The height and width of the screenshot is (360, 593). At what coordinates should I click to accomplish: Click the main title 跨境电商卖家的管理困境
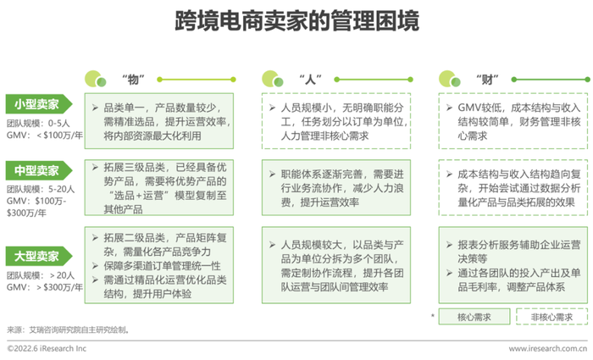296,21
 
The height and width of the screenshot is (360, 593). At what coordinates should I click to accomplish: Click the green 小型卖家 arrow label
39,104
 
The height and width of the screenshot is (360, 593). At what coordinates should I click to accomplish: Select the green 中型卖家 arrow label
39,170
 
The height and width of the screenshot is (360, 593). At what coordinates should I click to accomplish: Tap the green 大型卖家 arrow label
39,257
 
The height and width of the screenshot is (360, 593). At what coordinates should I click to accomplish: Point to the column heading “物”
133,80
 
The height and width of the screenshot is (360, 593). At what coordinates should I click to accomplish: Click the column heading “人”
310,80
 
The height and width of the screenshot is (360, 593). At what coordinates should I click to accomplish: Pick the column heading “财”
487,80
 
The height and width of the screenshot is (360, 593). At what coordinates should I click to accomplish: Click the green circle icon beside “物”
95,79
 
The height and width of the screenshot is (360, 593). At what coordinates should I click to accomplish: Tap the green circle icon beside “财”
449,79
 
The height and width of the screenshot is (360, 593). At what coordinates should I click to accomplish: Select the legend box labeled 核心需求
474,317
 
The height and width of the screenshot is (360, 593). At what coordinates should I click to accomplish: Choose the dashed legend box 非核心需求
551,317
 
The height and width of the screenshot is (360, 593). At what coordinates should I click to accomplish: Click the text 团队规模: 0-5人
38,124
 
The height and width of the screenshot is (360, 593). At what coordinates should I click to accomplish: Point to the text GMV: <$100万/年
45,135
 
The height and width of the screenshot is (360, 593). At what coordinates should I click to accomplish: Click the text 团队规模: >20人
41,275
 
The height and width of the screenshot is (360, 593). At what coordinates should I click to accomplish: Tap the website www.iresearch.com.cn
548,348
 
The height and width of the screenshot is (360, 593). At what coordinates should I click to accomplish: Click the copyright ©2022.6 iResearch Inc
47,348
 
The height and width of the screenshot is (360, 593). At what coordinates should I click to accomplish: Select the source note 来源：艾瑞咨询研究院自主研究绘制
68,330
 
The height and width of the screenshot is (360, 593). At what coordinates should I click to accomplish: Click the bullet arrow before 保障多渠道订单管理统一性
95,266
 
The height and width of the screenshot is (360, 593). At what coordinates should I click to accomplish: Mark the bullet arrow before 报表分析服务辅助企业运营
449,245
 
